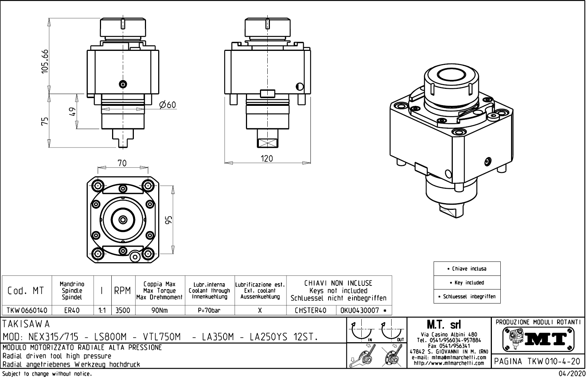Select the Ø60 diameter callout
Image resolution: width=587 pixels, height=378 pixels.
[x=167, y=105]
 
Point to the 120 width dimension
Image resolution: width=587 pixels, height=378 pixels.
[x=267, y=159]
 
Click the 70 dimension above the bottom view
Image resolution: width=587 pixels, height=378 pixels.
[x=122, y=163]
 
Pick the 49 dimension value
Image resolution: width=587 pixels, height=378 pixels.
[x=72, y=111]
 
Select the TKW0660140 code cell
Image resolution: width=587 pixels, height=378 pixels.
[x=27, y=311]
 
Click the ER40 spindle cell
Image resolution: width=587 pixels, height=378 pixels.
[x=72, y=311]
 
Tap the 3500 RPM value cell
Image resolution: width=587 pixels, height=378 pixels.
[x=123, y=311]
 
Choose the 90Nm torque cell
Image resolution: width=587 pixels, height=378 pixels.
[x=160, y=311]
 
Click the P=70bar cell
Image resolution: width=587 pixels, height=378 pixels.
[x=209, y=311]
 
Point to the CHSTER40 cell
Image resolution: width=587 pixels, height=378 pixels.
[x=310, y=311]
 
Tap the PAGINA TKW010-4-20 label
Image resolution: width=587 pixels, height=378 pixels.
[x=538, y=361]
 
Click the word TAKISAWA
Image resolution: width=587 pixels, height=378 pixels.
[x=26, y=324]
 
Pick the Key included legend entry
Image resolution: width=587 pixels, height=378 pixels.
[x=467, y=283]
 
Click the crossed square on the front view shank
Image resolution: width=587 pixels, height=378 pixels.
[x=266, y=143]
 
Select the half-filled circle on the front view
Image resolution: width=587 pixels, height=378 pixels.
[x=300, y=87]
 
